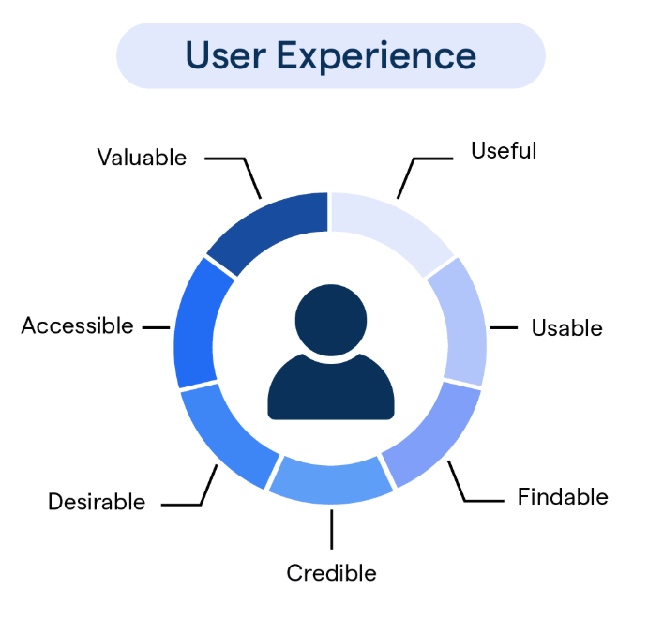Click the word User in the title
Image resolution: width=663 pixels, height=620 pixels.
[226, 55]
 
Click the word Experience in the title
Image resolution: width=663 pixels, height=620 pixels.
[376, 57]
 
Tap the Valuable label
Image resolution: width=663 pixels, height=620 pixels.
[142, 158]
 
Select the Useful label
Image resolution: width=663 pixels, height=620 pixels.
[504, 151]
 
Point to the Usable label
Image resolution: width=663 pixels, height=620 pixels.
[567, 327]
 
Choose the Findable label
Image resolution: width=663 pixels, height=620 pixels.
[563, 496]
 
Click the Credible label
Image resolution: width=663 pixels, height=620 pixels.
[331, 573]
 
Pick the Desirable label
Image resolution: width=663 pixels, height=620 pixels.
[97, 502]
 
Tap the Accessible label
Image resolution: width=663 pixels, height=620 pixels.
[78, 325]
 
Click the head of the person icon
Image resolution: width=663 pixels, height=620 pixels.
[331, 320]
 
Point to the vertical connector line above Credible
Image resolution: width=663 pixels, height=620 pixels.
[332, 530]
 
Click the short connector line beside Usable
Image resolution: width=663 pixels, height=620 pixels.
[504, 327]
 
